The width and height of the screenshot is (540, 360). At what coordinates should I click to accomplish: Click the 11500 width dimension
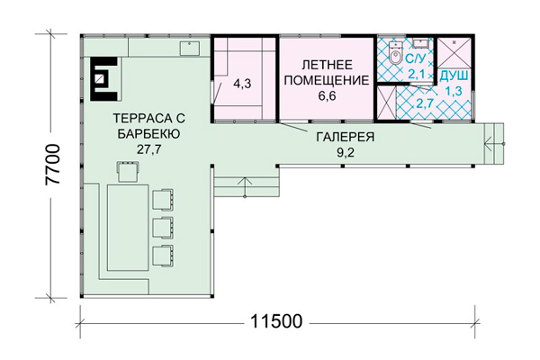pyautogui.click(x=276, y=321)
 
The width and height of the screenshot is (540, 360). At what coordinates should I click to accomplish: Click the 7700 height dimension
pyautogui.click(x=53, y=165)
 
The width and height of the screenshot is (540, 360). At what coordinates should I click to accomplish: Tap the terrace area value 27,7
pyautogui.click(x=148, y=149)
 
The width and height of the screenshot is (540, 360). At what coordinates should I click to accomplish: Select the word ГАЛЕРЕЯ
pyautogui.click(x=345, y=137)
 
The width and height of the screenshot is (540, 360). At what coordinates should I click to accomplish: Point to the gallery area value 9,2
pyautogui.click(x=345, y=152)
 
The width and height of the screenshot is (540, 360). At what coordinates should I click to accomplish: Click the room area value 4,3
pyautogui.click(x=242, y=84)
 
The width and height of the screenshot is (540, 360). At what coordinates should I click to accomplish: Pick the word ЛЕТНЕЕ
pyautogui.click(x=328, y=65)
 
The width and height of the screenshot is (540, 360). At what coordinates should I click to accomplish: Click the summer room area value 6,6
pyautogui.click(x=327, y=95)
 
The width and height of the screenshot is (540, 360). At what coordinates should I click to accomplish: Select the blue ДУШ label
pyautogui.click(x=454, y=76)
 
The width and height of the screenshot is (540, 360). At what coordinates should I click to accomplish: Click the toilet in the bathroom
pyautogui.click(x=395, y=53)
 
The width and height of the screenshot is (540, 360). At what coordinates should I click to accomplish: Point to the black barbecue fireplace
pyautogui.click(x=104, y=79)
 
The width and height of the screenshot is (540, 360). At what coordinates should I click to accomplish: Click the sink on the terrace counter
pyautogui.click(x=189, y=49)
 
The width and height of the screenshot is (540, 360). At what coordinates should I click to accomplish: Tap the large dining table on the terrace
pyautogui.click(x=128, y=228)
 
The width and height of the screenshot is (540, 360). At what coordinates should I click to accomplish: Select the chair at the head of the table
pyautogui.click(x=128, y=171)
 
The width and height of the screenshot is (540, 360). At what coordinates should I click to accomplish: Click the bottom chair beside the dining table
pyautogui.click(x=163, y=256)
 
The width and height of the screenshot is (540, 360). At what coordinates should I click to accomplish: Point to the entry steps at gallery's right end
pyautogui.click(x=494, y=143)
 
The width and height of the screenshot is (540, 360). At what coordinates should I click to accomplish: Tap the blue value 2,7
pyautogui.click(x=424, y=103)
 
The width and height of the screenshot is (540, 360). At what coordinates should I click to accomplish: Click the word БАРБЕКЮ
pyautogui.click(x=148, y=134)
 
